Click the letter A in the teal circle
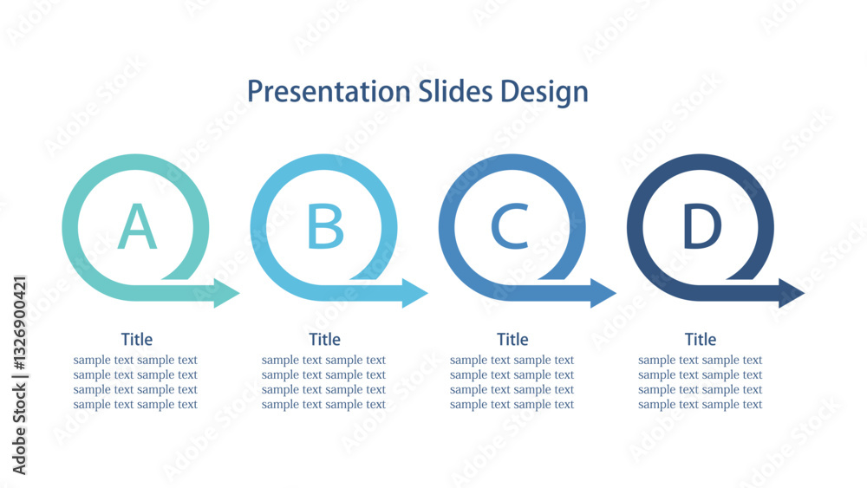tap(137, 226)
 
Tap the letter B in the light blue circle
tap(325, 226)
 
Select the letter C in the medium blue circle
tap(510, 226)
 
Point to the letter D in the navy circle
tap(701, 226)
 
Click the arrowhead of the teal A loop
tap(225, 293)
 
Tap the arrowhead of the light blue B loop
tap(414, 293)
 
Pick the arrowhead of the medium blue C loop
tap(603, 293)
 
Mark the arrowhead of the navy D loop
tap(792, 293)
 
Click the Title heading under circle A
tap(137, 339)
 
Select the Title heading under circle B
tap(324, 339)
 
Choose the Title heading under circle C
tap(512, 339)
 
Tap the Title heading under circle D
tap(701, 339)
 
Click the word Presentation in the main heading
tap(329, 91)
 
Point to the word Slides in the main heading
tap(455, 91)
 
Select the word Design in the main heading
tap(544, 92)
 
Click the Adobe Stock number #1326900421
tap(19, 322)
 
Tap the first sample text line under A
tap(135, 360)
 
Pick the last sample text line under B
tap(323, 405)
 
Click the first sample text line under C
tap(512, 360)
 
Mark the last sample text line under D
tap(700, 405)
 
